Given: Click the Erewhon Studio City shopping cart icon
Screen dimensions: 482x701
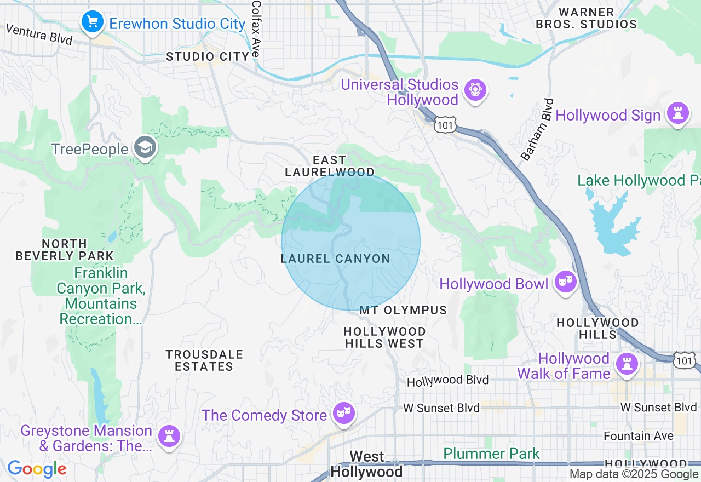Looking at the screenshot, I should click(x=93, y=22).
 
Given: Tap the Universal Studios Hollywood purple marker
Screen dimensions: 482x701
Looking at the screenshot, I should click(x=474, y=90).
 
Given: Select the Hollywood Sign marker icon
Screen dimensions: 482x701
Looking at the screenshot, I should click(x=678, y=113).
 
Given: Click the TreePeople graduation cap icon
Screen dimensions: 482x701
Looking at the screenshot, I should click(x=146, y=147).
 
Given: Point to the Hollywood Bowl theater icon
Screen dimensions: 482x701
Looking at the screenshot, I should click(x=565, y=282).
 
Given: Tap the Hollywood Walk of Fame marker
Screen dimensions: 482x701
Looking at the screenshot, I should click(x=627, y=364).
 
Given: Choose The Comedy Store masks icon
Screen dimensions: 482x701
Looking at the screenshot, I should click(x=344, y=414).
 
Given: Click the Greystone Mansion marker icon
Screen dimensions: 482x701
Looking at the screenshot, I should click(x=169, y=437).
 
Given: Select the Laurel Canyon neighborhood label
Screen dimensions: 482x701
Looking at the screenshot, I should click(x=335, y=259).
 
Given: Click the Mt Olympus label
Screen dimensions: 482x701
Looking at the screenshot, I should click(x=403, y=310).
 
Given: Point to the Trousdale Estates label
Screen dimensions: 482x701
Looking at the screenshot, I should click(x=204, y=360).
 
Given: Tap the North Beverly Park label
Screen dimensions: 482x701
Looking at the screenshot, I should click(x=65, y=249).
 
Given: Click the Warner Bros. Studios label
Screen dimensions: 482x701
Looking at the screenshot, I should click(x=586, y=18).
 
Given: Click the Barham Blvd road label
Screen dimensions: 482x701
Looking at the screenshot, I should click(x=537, y=130).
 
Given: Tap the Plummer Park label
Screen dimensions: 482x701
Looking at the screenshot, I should click(x=491, y=454).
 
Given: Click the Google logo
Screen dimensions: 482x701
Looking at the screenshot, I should click(x=37, y=469).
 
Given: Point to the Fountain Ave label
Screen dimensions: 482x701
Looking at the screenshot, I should click(x=639, y=436).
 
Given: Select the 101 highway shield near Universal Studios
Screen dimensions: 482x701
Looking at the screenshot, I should click(x=445, y=125).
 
